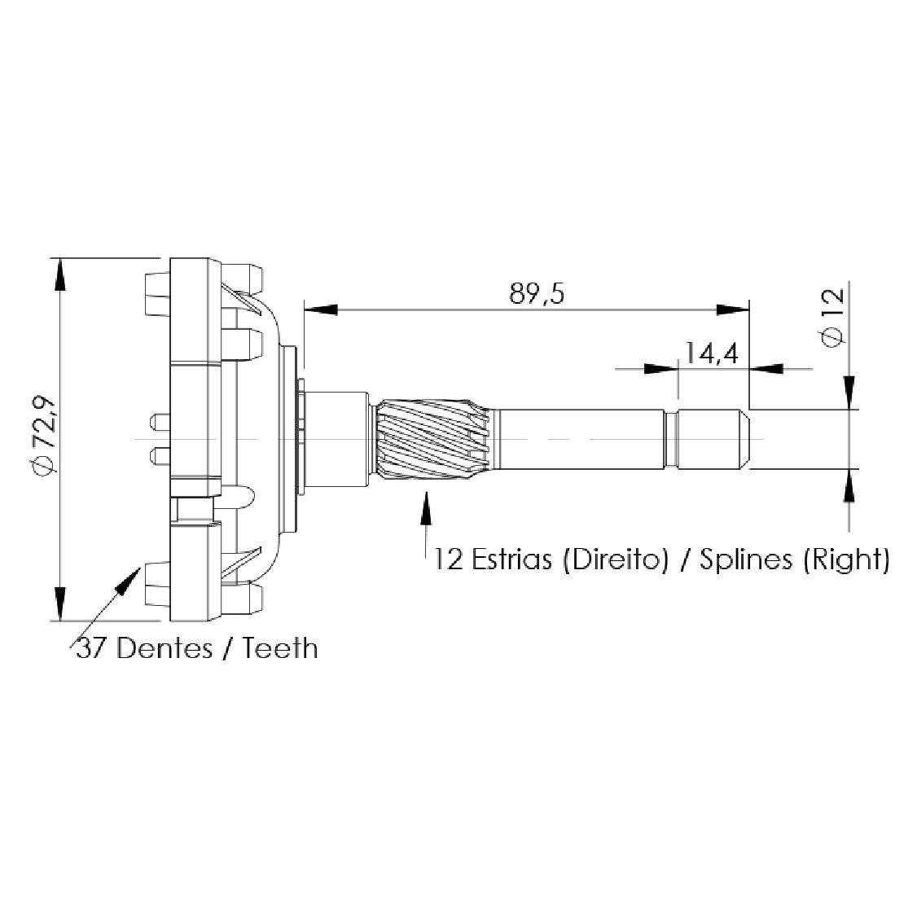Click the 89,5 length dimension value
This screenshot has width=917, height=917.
(537, 294)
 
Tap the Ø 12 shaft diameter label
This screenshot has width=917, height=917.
(833, 318)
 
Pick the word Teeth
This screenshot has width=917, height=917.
(279, 648)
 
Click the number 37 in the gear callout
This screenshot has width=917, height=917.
(92, 648)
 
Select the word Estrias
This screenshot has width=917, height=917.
(511, 559)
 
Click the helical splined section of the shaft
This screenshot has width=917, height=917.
(432, 439)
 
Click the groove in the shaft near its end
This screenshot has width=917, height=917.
(671, 440)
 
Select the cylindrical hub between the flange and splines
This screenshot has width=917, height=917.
(335, 439)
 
